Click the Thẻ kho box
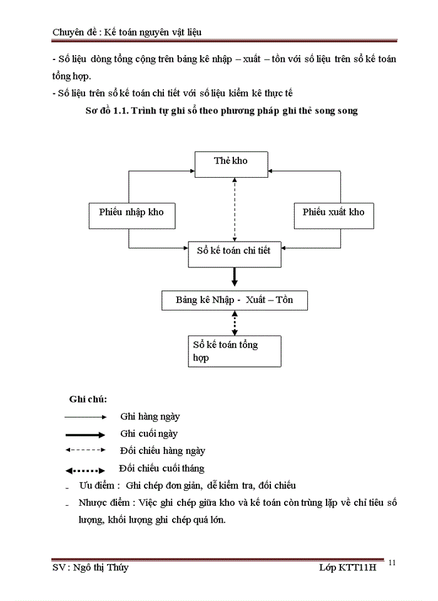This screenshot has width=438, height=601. tap(231, 163)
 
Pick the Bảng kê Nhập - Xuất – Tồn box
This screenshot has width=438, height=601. tap(234, 300)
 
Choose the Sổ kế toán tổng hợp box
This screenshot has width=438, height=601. tap(234, 351)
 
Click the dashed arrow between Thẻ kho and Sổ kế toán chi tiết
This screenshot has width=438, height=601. tap(235, 208)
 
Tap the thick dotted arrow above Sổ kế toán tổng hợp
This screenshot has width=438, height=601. tap(235, 323)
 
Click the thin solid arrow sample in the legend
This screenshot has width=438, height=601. tap(84, 416)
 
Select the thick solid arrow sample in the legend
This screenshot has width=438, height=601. tap(84, 434)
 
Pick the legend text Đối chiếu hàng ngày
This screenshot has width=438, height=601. tap(163, 451)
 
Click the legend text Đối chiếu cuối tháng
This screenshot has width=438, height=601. tap(162, 468)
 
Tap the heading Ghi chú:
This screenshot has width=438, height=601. tap(88, 399)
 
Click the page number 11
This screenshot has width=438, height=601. tap(392, 563)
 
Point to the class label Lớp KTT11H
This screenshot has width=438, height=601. tap(347, 567)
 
